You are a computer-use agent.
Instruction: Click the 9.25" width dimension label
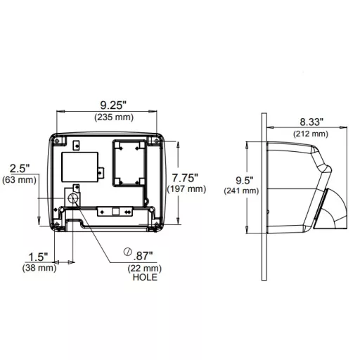[x=113, y=105]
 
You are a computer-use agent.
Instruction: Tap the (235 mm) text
[x=114, y=117]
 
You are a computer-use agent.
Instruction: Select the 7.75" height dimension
[x=185, y=178]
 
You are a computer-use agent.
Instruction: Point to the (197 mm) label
[x=186, y=189]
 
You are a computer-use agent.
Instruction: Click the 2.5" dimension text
[x=20, y=169]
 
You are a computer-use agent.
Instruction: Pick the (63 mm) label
[x=20, y=180]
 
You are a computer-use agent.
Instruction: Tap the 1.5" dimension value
[x=38, y=257]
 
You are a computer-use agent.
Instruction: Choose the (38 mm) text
[x=39, y=268]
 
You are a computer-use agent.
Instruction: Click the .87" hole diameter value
[x=143, y=256]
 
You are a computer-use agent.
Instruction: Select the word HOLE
[x=145, y=277]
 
